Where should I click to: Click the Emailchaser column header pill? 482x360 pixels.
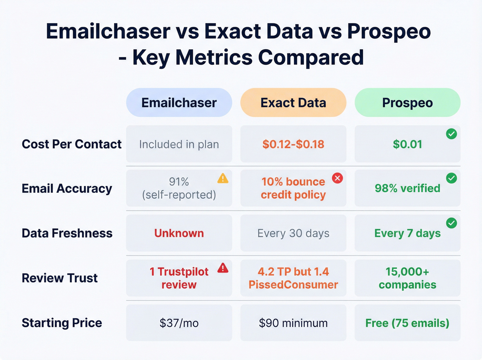[x=179, y=103]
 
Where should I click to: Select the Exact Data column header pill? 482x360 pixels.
[x=293, y=103]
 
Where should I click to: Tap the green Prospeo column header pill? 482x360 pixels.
[x=407, y=103]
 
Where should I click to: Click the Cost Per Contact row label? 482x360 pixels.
[x=71, y=144]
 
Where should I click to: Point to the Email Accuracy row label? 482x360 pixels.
[x=67, y=188]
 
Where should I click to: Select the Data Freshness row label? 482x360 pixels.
[x=67, y=233]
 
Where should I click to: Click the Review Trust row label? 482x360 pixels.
[x=60, y=278]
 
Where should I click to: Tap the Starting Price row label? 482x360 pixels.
[x=62, y=323]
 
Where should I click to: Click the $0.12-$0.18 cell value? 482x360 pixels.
[x=293, y=144]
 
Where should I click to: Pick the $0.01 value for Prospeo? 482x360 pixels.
[x=407, y=144]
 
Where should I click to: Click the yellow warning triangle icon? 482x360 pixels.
[x=223, y=178]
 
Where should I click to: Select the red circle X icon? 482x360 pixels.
[x=337, y=178]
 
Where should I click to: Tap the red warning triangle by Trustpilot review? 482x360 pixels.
[x=223, y=268]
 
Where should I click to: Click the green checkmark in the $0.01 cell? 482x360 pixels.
[x=451, y=134]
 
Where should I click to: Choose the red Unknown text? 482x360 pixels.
[x=179, y=233]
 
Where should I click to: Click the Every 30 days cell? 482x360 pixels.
[x=293, y=233]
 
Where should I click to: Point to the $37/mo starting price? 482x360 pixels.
[x=179, y=323]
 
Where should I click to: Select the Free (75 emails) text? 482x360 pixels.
[x=407, y=323]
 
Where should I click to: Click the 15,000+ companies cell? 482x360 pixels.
[x=407, y=278]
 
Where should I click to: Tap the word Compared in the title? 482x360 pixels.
[x=311, y=57]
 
